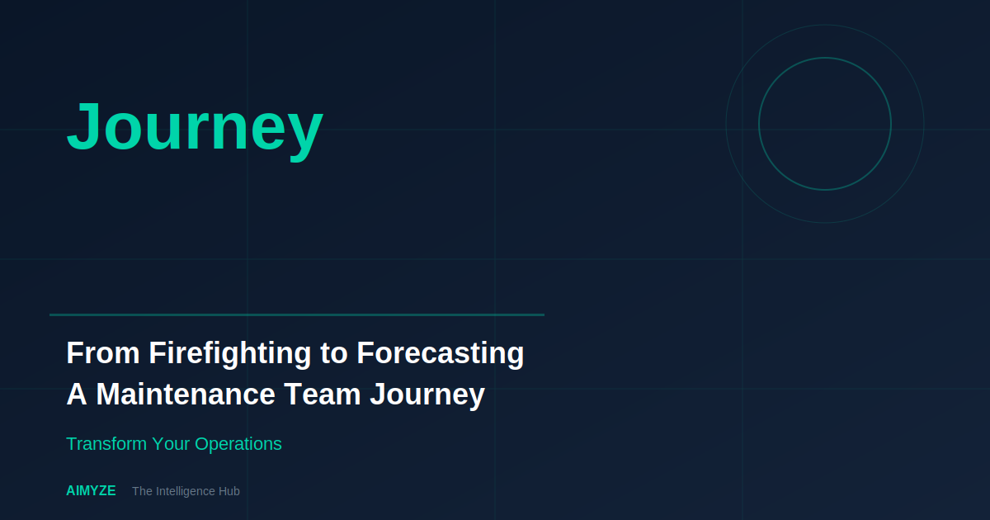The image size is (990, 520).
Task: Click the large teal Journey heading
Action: pyautogui.click(x=195, y=127)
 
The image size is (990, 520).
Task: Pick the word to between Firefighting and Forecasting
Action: pyautogui.click(x=334, y=354)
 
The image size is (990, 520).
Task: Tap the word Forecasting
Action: pyautogui.click(x=441, y=353)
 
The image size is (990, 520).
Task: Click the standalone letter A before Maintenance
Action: pyautogui.click(x=76, y=395)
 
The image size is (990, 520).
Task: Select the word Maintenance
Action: pyautogui.click(x=186, y=395)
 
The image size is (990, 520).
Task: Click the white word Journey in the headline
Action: pyautogui.click(x=427, y=395)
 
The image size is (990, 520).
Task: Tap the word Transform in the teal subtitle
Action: pyautogui.click(x=106, y=444)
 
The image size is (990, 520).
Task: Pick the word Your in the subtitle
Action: pyautogui.click(x=171, y=444)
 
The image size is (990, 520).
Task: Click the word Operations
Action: pyautogui.click(x=238, y=444)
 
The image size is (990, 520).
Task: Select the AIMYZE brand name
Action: pyautogui.click(x=91, y=491)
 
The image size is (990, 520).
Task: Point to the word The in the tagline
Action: pyautogui.click(x=142, y=491)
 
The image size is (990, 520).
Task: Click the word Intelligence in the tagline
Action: pyautogui.click(x=186, y=491)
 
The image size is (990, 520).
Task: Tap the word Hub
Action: pyautogui.click(x=229, y=491)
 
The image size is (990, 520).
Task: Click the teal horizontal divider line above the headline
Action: pyautogui.click(x=297, y=314)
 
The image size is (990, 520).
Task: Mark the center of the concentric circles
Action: pyautogui.click(x=825, y=124)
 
